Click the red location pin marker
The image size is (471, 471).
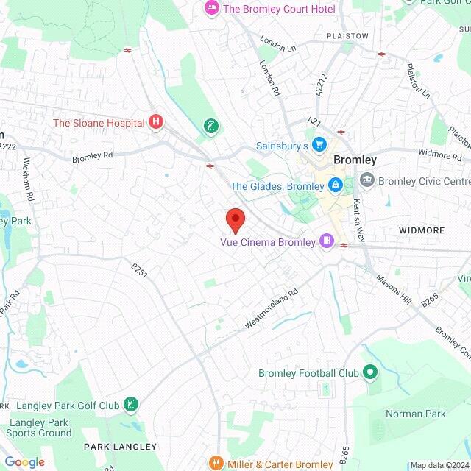pyautogui.click(x=235, y=220)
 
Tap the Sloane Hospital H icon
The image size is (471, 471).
pyautogui.click(x=155, y=122)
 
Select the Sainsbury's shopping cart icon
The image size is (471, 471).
pyautogui.click(x=319, y=145)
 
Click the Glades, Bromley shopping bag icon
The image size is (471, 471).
pyautogui.click(x=335, y=185)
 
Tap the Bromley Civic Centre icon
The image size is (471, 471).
pyautogui.click(x=366, y=180)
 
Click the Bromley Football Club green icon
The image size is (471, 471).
pyautogui.click(x=370, y=373)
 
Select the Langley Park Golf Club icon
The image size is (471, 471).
pyautogui.click(x=131, y=405)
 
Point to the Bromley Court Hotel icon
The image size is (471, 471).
pyautogui.click(x=211, y=9)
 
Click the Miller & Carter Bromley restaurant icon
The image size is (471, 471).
pyautogui.click(x=216, y=464)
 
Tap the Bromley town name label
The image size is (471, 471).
pyautogui.click(x=355, y=160)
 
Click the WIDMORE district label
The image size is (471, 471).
pyautogui.click(x=422, y=230)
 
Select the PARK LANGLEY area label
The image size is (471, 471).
pyautogui.click(x=120, y=447)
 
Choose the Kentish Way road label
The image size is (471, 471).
pyautogui.click(x=358, y=219)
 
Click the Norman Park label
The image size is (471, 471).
pyautogui.click(x=416, y=414)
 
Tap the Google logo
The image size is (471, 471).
pyautogui.click(x=24, y=461)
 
